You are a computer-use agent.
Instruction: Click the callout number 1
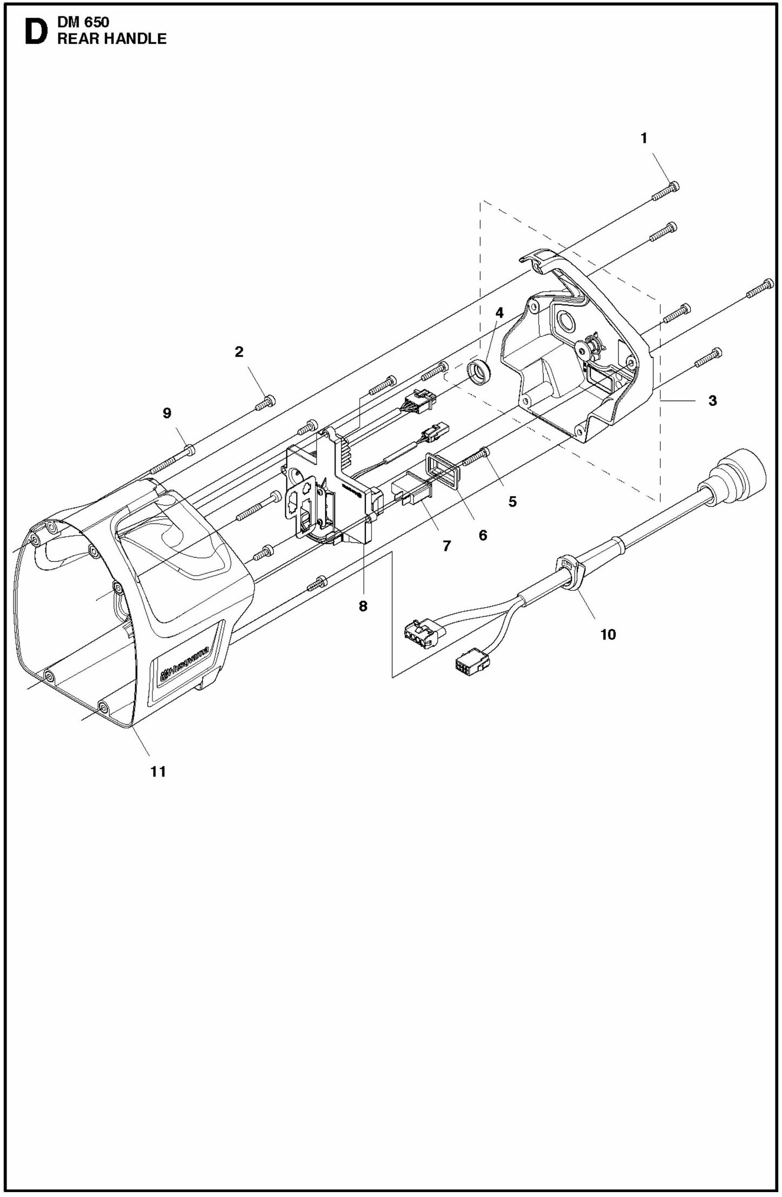[643, 139]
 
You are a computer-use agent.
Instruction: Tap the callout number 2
[239, 352]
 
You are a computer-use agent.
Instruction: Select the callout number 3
[712, 401]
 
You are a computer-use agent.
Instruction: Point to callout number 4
[499, 313]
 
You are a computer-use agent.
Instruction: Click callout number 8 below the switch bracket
[363, 607]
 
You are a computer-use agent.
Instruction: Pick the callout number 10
[608, 634]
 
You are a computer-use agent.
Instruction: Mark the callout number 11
[158, 772]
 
